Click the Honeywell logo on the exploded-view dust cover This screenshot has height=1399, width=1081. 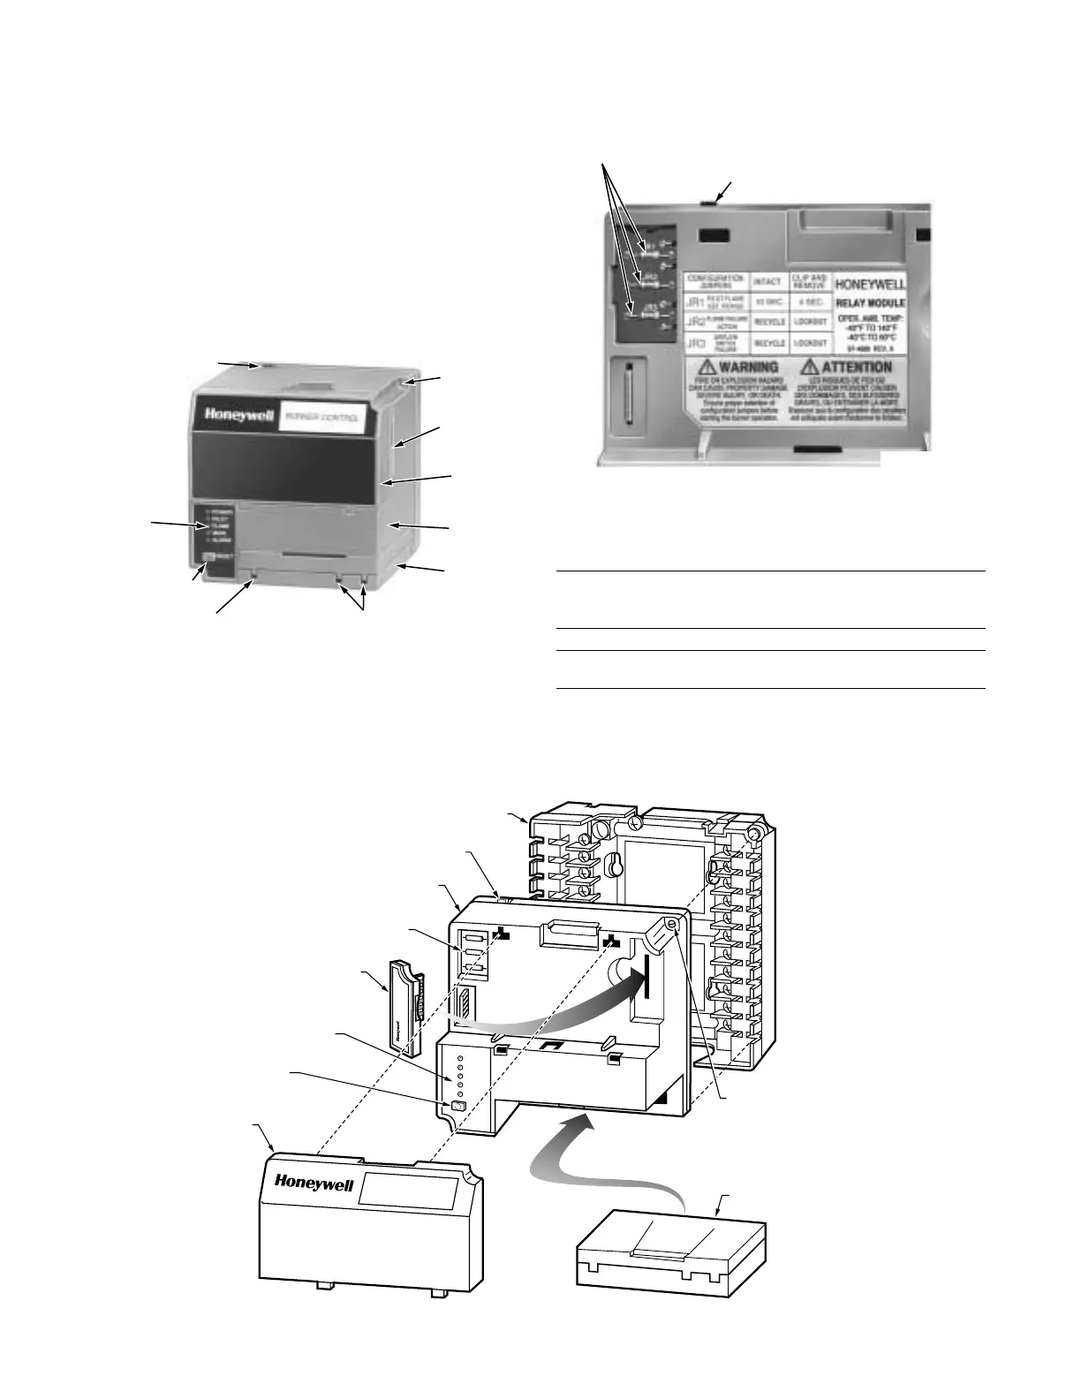click(x=314, y=1182)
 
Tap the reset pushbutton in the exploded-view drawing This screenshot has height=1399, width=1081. click(x=457, y=1106)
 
